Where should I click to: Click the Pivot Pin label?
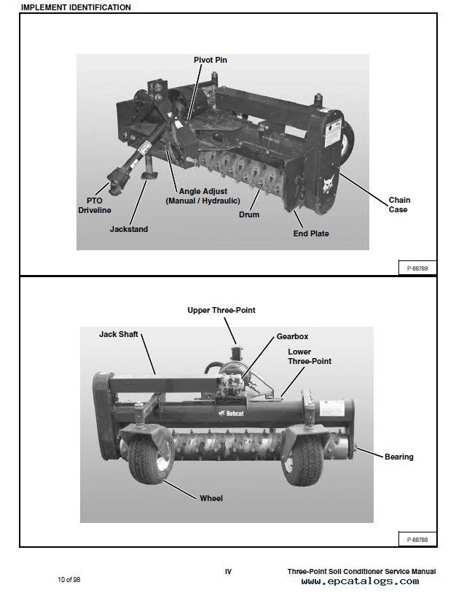click(210, 60)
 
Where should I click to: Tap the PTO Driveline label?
click(95, 205)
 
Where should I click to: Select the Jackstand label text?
click(128, 229)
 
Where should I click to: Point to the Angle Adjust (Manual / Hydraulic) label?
click(199, 195)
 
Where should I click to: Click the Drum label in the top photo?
click(249, 214)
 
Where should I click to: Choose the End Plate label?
click(311, 233)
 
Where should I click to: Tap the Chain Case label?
click(398, 204)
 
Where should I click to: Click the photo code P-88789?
click(417, 268)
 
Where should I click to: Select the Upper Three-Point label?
click(221, 310)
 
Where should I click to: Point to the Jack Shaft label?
click(118, 335)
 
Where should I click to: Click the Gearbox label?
click(292, 336)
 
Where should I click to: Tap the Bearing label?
click(398, 457)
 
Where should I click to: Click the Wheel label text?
click(211, 498)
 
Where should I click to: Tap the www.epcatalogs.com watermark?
click(360, 581)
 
